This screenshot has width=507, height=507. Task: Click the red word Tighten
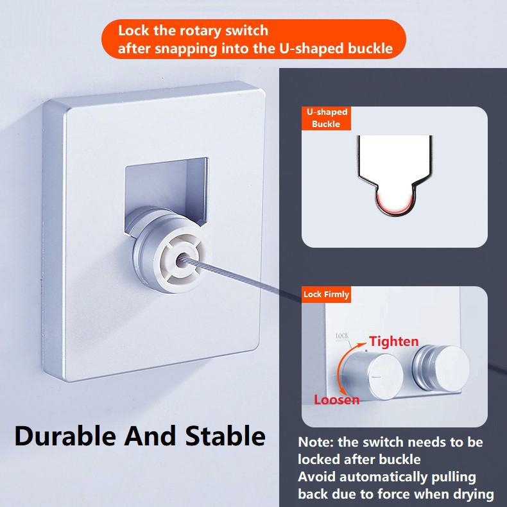394,341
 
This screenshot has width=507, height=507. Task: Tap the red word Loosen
336,400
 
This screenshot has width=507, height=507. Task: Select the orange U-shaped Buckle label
326,118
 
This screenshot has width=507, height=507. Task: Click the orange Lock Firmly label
326,294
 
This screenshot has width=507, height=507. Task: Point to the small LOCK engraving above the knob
342,336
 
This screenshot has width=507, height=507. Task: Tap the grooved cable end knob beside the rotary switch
441,368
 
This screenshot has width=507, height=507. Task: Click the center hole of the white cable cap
181,261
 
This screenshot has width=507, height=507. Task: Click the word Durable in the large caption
65,436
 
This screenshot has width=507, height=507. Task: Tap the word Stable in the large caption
225,436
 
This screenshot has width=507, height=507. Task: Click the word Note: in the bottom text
316,442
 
